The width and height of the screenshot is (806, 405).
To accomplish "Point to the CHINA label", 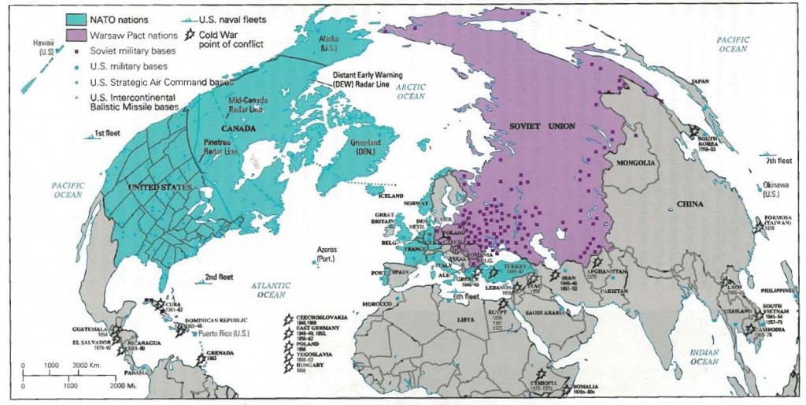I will [x=687, y=203].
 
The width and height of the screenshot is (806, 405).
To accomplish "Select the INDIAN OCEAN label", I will [x=704, y=355].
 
